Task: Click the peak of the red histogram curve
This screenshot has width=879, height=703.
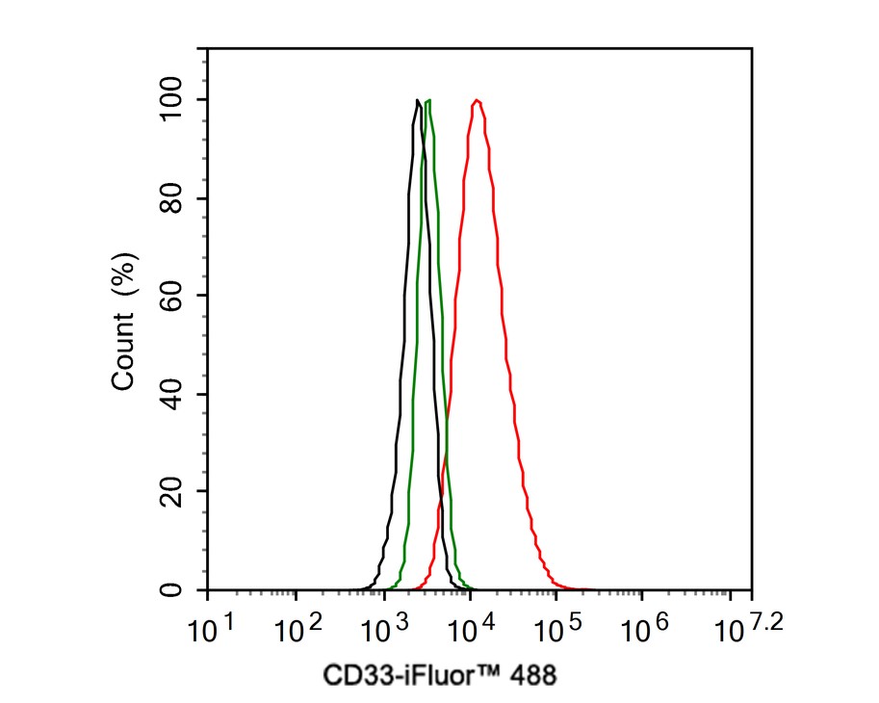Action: coord(477,100)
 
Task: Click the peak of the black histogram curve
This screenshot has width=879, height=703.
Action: coord(417,100)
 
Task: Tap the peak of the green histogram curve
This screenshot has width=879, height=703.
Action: coord(428,100)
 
